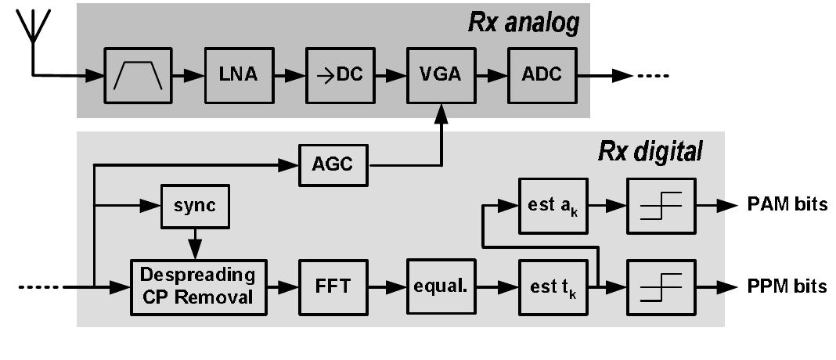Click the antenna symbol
[x=32, y=31]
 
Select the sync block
[x=193, y=208]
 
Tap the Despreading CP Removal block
[x=198, y=286]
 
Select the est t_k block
[x=553, y=286]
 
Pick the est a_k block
[x=553, y=206]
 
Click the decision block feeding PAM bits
[x=660, y=206]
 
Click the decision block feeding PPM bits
[x=660, y=286]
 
